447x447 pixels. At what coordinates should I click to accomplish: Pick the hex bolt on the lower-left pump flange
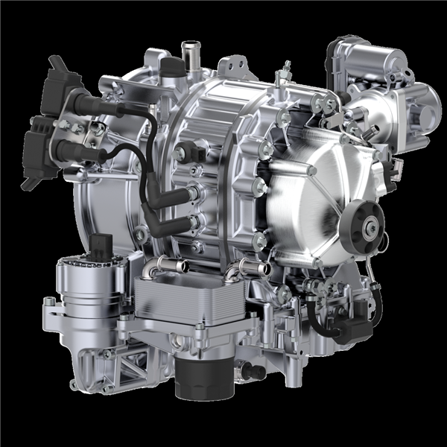click(x=50, y=302)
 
